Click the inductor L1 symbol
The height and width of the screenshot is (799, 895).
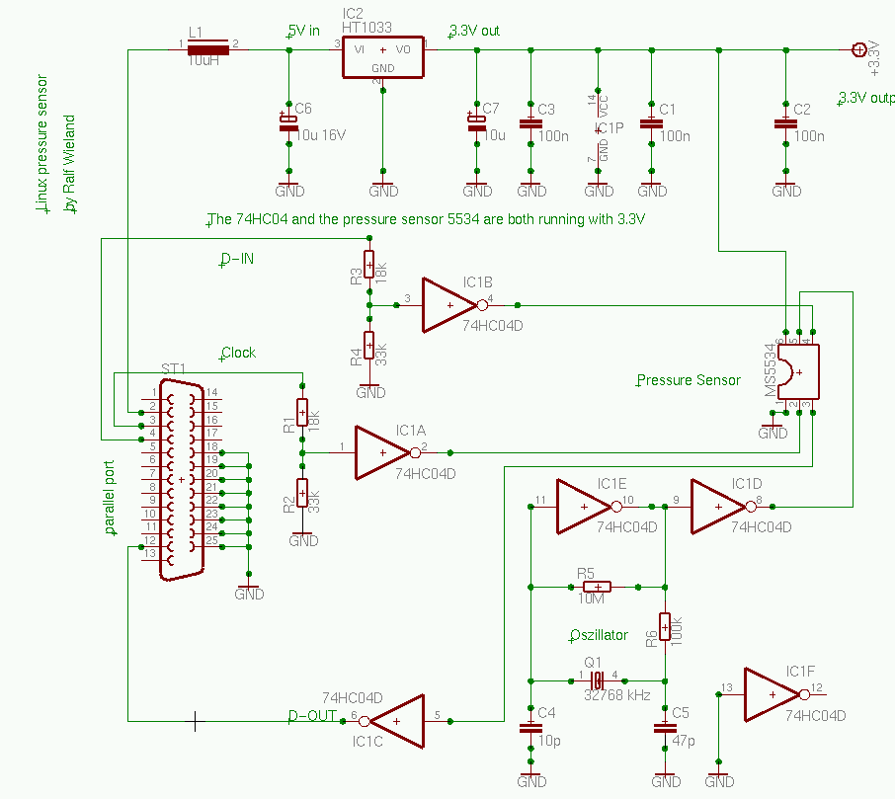(x=208, y=47)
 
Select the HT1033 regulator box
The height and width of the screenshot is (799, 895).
(x=382, y=50)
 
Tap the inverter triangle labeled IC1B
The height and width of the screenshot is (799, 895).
(x=450, y=304)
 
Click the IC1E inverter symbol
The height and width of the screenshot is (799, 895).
(x=585, y=507)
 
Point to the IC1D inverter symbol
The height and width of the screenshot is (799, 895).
(x=719, y=507)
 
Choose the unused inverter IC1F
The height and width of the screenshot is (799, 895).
(x=773, y=694)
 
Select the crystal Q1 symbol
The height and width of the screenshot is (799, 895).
(x=598, y=679)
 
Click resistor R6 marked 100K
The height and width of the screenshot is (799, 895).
(x=665, y=627)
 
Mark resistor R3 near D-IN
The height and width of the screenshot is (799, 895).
(x=368, y=265)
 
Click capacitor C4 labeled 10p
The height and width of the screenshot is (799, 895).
(x=531, y=728)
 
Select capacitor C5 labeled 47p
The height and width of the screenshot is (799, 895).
(x=665, y=728)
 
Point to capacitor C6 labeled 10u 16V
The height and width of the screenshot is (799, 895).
(x=288, y=122)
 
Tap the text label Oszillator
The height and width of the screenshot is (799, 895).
(x=600, y=635)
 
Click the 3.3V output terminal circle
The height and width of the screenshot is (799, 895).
(x=858, y=48)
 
